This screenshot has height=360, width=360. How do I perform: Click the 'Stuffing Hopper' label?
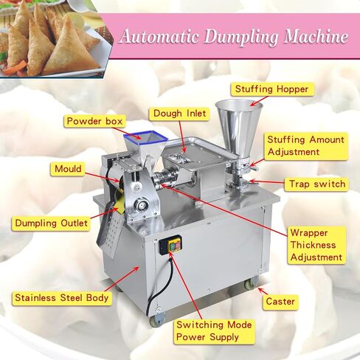[x=272, y=89]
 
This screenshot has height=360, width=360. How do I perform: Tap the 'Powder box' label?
[x=94, y=121]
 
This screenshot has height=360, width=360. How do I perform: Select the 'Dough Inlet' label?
[x=179, y=114]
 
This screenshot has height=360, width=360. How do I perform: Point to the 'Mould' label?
[x=68, y=169]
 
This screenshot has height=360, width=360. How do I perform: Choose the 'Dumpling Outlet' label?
[x=51, y=223]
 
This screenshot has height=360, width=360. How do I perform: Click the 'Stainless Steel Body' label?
[x=62, y=298]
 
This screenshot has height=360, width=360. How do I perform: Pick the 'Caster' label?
[x=280, y=302]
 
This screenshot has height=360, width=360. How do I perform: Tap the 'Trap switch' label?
[x=316, y=184]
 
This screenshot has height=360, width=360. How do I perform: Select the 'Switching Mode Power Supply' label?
[x=214, y=331]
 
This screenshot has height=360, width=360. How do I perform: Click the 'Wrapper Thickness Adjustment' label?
[x=316, y=245]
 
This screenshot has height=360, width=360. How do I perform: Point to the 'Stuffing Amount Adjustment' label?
[x=306, y=145]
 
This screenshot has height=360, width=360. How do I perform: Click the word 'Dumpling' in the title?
[x=241, y=37]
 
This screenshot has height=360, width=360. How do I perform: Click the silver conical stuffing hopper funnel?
[x=238, y=128]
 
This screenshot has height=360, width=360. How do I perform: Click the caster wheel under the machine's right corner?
[x=252, y=283]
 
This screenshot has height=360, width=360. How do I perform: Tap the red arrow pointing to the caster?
[x=263, y=291]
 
